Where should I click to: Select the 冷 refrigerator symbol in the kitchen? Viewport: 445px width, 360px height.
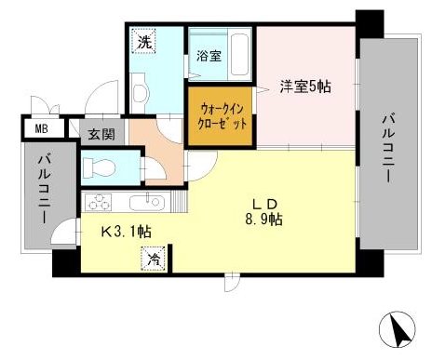(x=152, y=260)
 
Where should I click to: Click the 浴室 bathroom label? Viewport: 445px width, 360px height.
(x=209, y=55)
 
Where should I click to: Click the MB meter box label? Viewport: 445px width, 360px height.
(x=42, y=127)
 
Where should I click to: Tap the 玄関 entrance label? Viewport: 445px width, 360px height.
(x=101, y=133)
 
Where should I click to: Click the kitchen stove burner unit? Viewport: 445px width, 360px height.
(x=99, y=202)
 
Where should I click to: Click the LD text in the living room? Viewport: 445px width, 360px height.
(x=264, y=203)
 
